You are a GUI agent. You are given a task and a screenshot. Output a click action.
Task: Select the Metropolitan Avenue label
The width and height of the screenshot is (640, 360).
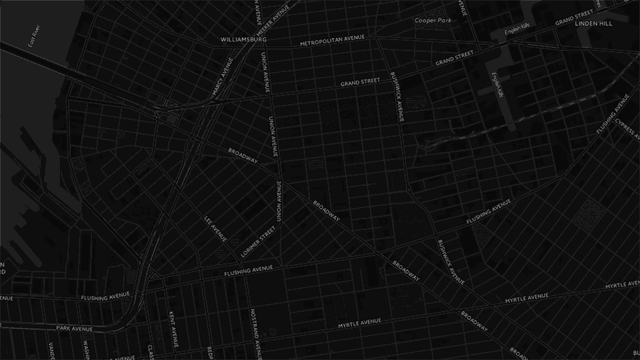pos(332,40)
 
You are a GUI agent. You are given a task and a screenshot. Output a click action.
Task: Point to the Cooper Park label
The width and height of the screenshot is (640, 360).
pos(434,20)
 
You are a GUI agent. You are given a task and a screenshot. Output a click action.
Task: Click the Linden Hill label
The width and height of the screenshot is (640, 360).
pos(594,24)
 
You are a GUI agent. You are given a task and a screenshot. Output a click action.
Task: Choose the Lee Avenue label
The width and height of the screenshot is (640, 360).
pos(215,229)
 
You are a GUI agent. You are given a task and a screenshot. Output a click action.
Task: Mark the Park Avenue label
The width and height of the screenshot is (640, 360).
pos(74,328)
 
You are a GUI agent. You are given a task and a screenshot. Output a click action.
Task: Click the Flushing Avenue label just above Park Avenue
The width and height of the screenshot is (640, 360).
pos(105,297)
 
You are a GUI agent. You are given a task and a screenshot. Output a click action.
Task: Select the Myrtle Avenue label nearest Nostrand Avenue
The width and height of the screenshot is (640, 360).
pos(359,322)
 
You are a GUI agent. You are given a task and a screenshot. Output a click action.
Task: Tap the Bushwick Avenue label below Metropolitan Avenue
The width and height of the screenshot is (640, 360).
pos(397,95)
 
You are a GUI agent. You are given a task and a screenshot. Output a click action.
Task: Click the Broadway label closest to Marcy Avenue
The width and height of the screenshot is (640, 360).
pos(243,155)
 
